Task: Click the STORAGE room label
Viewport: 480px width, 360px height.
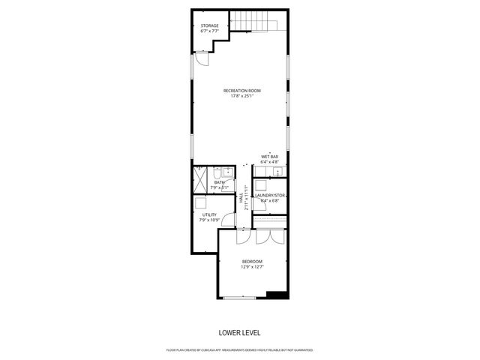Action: point(209,25)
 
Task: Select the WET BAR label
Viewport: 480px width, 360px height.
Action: point(270,156)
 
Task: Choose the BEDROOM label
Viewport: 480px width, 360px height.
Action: point(252,261)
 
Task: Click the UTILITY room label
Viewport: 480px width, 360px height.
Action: point(208,214)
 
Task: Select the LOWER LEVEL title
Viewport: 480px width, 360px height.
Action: point(239,332)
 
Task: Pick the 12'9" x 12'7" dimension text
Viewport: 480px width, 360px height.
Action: point(252,266)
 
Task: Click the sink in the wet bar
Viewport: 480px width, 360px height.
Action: point(277,172)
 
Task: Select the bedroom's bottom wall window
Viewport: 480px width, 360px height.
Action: point(238,298)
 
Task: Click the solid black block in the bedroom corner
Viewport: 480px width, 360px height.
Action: point(277,294)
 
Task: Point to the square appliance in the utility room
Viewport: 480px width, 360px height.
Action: point(201,202)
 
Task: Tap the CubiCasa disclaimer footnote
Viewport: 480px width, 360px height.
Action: point(239,350)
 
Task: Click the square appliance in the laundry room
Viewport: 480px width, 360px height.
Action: point(261,186)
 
